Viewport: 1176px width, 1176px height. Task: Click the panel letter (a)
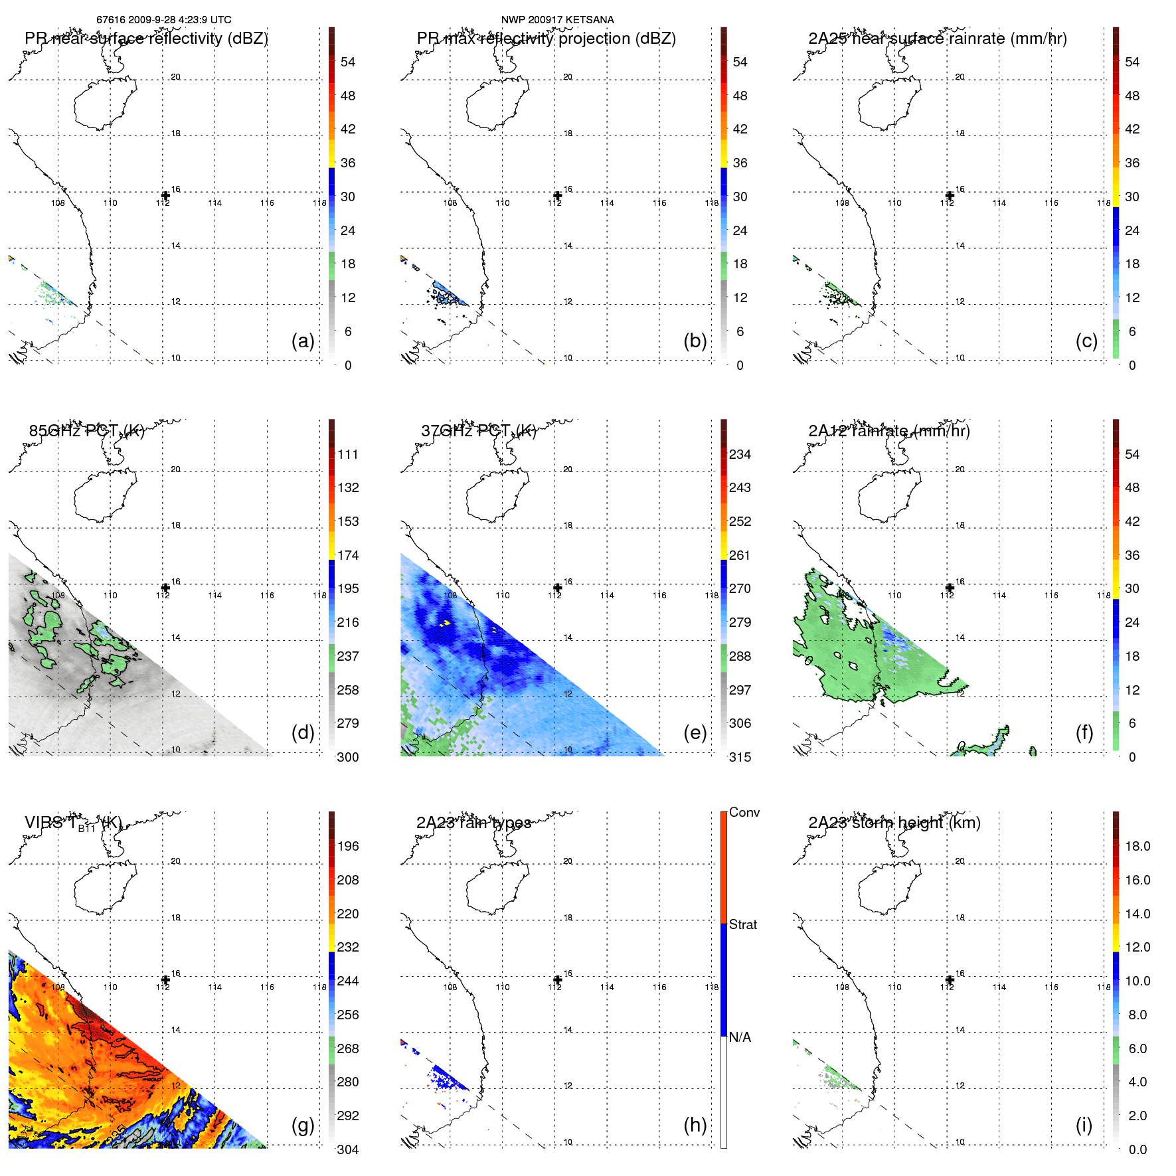click(x=302, y=341)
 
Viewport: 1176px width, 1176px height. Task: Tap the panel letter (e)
click(x=695, y=733)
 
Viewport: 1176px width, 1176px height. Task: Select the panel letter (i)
click(x=1084, y=1125)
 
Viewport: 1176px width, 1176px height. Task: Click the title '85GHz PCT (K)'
click(x=86, y=431)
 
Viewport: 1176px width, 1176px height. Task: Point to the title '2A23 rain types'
click(x=473, y=823)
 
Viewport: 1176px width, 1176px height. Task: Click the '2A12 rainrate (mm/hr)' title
click(x=888, y=431)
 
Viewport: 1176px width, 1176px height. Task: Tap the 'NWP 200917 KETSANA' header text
click(x=557, y=20)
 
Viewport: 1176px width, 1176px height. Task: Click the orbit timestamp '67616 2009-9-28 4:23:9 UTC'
click(x=164, y=20)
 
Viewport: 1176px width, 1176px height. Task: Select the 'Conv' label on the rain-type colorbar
click(x=744, y=812)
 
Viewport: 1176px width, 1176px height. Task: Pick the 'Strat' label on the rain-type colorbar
click(x=743, y=924)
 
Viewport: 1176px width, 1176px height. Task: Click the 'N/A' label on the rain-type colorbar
click(x=740, y=1037)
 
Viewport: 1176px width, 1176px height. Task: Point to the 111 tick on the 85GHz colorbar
click(x=348, y=454)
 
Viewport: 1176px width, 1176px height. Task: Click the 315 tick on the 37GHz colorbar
click(x=740, y=757)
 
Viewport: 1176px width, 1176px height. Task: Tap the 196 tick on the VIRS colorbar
click(x=348, y=846)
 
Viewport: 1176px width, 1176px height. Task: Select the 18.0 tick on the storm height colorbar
click(x=1137, y=846)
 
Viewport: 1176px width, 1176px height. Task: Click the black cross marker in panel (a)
click(x=165, y=195)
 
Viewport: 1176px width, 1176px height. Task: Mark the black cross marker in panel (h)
click(x=557, y=979)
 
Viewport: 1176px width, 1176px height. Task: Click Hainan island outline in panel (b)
click(x=497, y=103)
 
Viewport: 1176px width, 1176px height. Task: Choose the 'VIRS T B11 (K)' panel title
click(x=73, y=823)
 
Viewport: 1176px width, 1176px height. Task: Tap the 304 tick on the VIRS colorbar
click(x=348, y=1149)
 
